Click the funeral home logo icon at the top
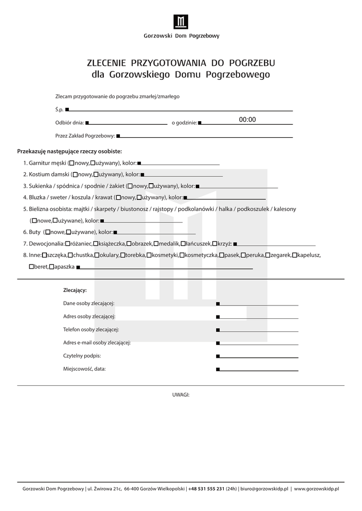point(181,22)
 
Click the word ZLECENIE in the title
point(106,63)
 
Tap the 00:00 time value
point(247,120)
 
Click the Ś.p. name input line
point(180,110)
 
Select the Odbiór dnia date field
point(127,123)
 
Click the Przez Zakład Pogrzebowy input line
point(205,136)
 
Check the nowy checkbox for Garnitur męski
point(72,163)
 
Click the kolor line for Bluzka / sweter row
point(225,198)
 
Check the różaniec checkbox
point(67,244)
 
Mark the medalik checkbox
point(156,244)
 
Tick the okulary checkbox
point(96,255)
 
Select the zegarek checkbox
point(268,255)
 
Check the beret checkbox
point(31,267)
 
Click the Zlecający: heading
point(75,290)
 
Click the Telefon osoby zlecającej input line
point(258,330)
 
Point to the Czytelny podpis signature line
point(258,357)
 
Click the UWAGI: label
point(181,394)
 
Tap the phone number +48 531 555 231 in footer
point(206,489)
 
